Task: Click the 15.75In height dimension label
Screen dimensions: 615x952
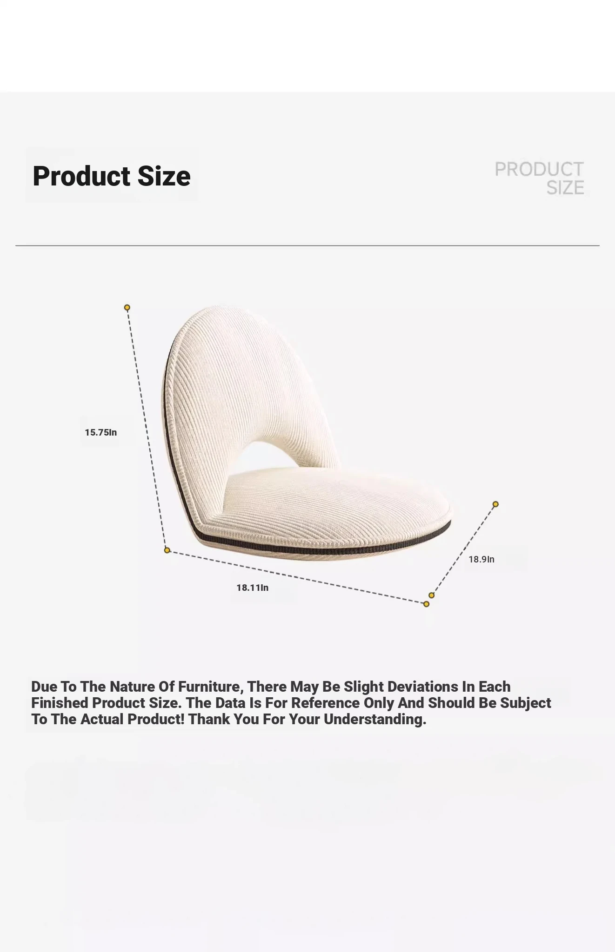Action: (101, 432)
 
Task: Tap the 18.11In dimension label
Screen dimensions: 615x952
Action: (253, 588)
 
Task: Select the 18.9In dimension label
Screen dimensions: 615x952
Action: (481, 559)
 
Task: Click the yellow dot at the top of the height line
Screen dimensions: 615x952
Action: (127, 307)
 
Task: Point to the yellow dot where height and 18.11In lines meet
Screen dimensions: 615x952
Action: (167, 550)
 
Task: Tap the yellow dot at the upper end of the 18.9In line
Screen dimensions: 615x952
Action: (495, 504)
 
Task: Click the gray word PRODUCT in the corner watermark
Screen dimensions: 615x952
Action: (539, 169)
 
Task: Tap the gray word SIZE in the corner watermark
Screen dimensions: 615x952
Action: (565, 188)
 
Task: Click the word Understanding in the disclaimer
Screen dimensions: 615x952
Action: (374, 719)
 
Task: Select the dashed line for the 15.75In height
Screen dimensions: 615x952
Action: (147, 429)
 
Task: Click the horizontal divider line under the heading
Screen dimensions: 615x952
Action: (307, 245)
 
